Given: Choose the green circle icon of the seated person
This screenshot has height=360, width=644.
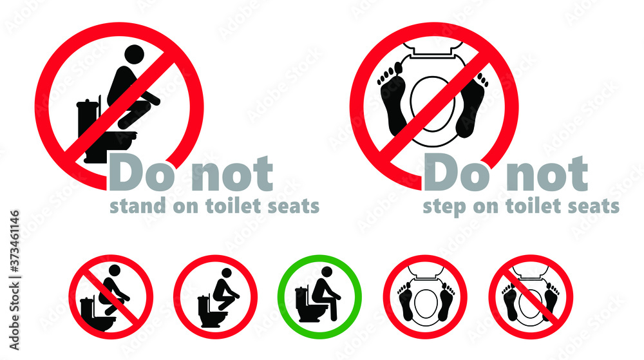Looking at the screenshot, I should (319, 297).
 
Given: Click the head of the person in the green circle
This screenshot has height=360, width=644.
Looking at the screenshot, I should (327, 272).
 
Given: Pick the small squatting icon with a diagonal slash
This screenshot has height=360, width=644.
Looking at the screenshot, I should (111, 297).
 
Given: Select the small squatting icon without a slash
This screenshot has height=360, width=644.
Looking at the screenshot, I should (215, 297).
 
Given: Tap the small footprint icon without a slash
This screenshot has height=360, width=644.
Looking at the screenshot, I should (425, 297).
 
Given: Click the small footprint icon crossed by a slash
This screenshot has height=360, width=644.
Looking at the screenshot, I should (529, 297).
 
